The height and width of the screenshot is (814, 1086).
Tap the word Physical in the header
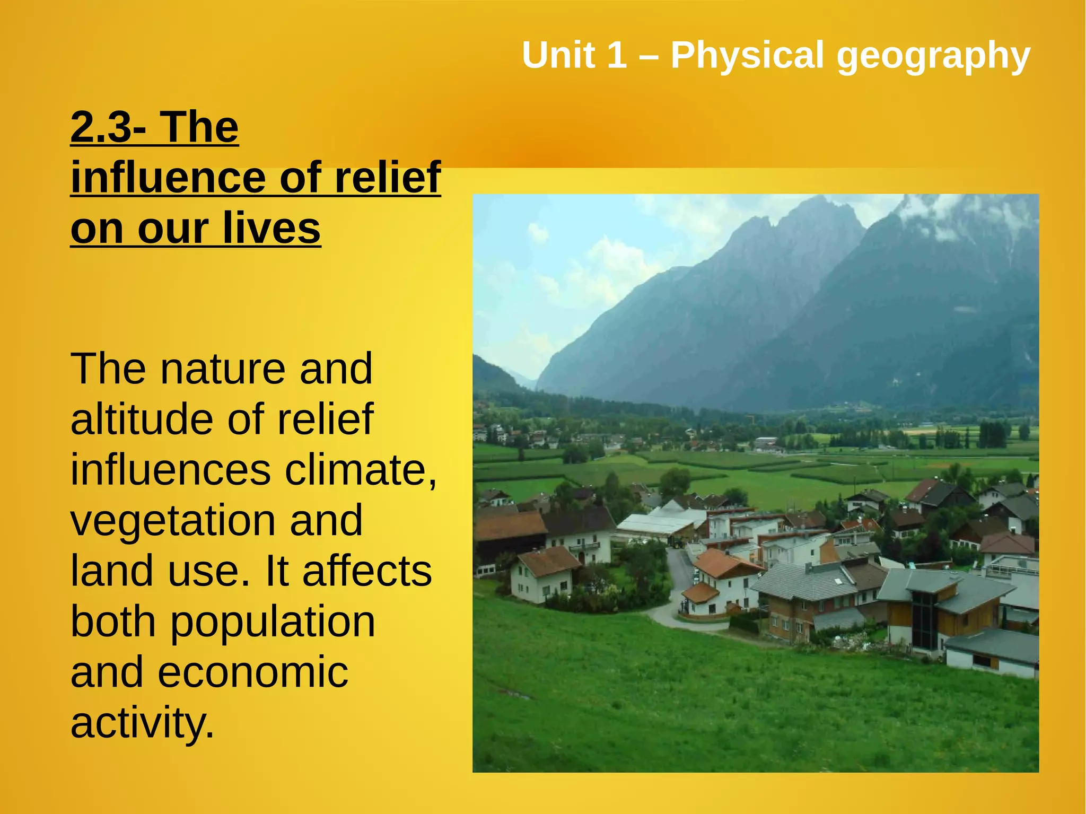click(x=747, y=56)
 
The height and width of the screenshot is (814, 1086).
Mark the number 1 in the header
click(x=617, y=55)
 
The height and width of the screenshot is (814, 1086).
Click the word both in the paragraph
click(x=113, y=622)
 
